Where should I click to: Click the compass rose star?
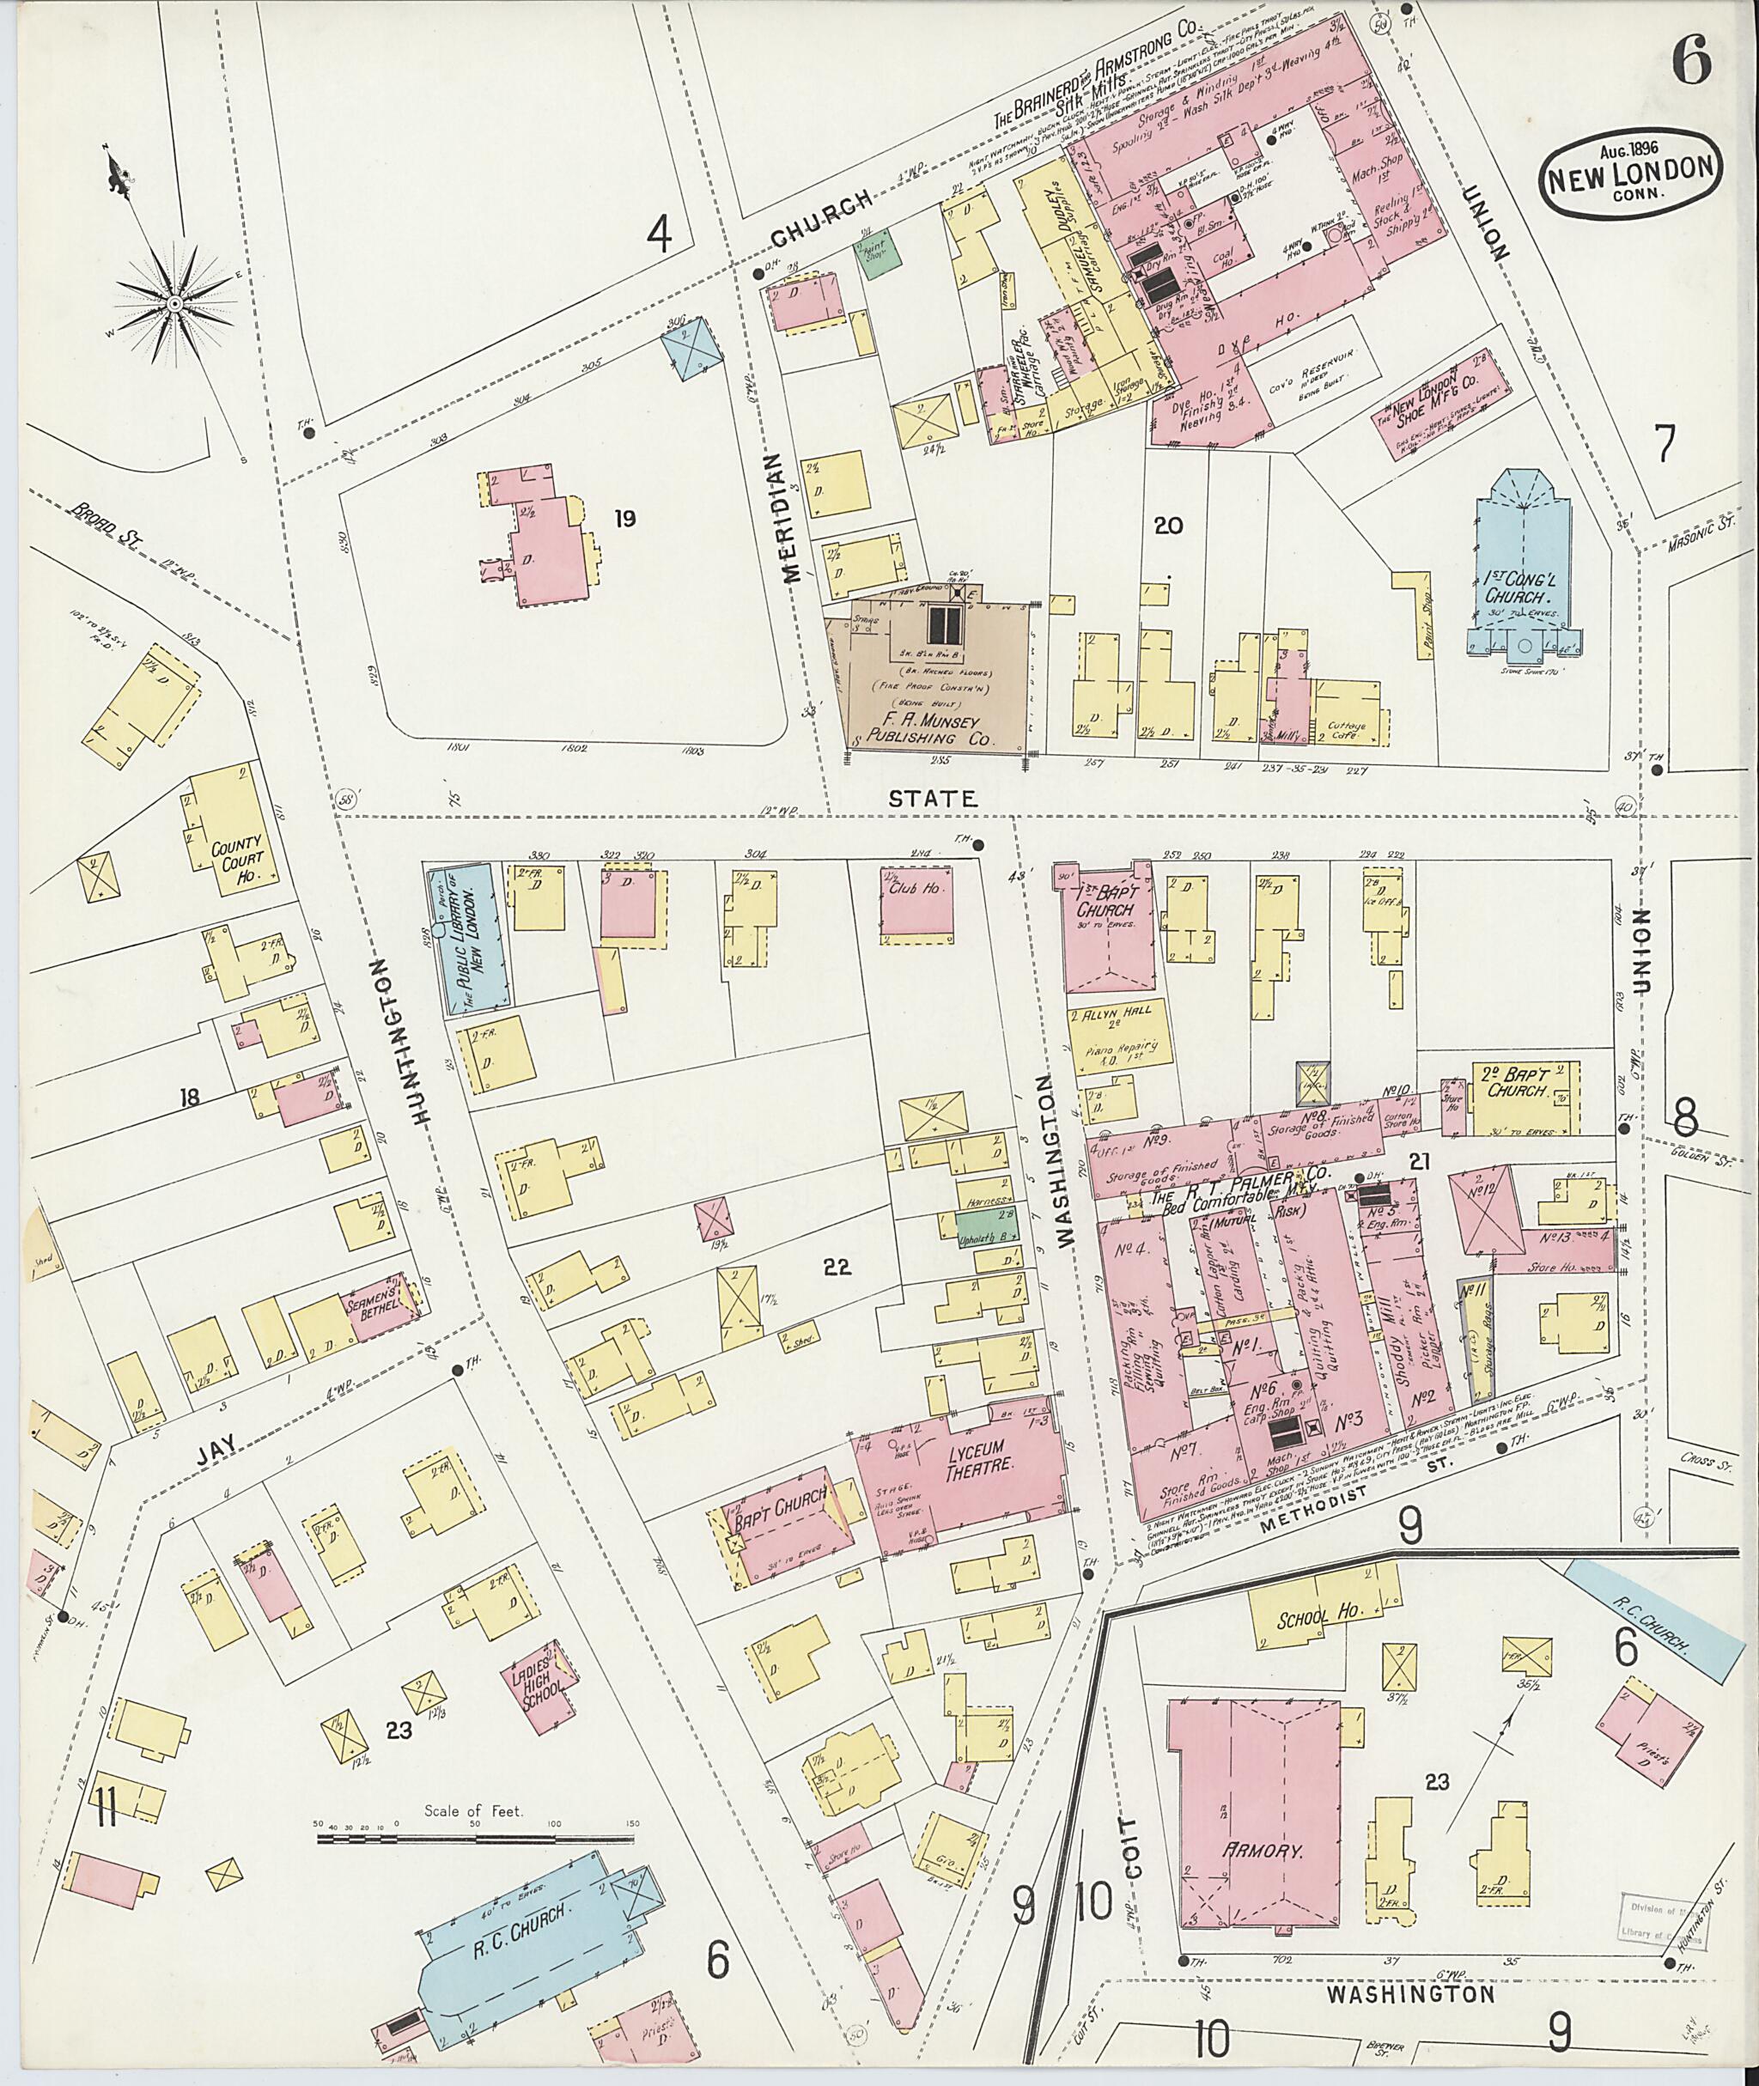(x=174, y=301)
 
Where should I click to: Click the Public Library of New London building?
(x=471, y=937)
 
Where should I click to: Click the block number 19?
(x=625, y=519)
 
